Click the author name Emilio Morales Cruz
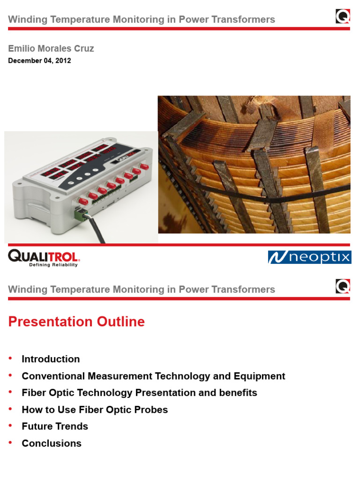tap(51, 48)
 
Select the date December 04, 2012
tap(39, 60)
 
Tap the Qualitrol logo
tap(44, 256)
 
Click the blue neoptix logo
tap(309, 257)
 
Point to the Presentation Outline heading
tap(76, 322)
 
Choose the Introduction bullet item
tap(51, 359)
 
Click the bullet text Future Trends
tap(55, 427)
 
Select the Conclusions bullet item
tap(52, 443)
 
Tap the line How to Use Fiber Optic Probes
tap(95, 410)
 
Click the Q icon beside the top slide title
tap(343, 17)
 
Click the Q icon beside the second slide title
tap(343, 286)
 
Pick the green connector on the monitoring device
tap(80, 214)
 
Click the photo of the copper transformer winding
tap(254, 164)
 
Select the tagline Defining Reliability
tap(53, 265)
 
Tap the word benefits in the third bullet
tap(238, 393)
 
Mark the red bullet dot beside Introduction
tap(11, 359)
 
